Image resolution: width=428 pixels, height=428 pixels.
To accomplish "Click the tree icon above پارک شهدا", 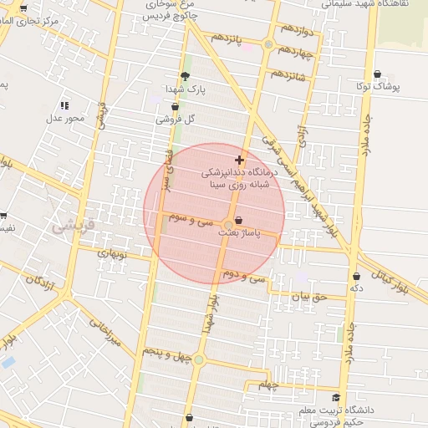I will point(185,76).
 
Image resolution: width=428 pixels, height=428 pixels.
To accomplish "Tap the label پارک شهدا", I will point(184,89).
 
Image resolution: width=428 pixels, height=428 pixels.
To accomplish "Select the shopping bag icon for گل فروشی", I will point(175,107).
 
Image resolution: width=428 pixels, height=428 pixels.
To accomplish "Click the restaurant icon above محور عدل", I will point(64,105).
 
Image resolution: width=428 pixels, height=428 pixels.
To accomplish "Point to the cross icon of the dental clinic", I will point(240,159).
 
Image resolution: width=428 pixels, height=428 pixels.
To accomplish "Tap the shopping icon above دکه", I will point(356,276).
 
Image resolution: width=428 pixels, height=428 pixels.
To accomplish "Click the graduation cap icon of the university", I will point(336,398).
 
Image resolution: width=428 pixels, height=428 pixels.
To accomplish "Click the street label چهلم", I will point(267,385).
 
